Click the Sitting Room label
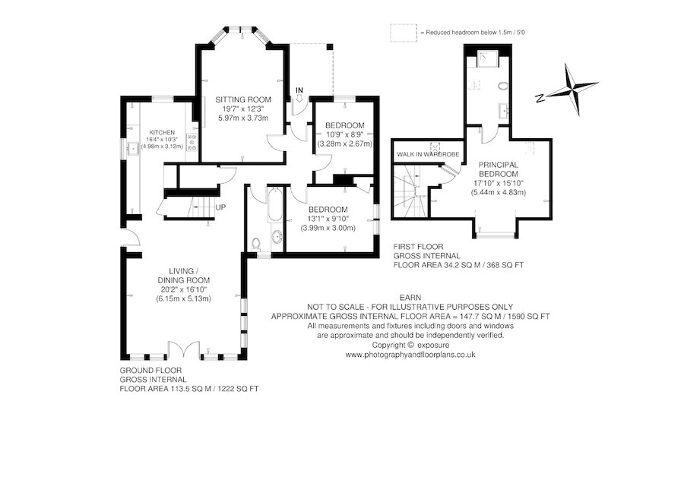coord(243,99)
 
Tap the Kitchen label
coord(163,132)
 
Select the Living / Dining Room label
coord(184,276)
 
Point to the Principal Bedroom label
coord(498,169)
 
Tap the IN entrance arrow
coord(299,98)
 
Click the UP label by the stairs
coord(220,207)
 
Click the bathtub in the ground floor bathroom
coord(275,205)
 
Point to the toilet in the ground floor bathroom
coord(257,244)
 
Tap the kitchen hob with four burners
coord(192,143)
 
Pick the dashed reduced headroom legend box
coord(404,33)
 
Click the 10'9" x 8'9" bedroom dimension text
coord(344,134)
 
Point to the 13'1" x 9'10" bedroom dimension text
coord(328,219)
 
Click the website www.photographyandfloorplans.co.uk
coord(410,355)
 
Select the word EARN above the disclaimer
coord(410,298)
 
